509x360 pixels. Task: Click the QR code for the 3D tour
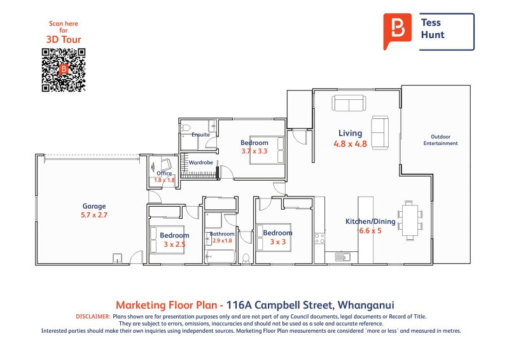[64, 70]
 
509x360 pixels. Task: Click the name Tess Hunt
[433, 29]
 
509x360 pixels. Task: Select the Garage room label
[94, 206]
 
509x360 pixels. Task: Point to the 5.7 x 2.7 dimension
[94, 215]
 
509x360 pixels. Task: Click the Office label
[164, 174]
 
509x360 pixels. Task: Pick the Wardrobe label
[201, 162]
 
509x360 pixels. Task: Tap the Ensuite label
[200, 134]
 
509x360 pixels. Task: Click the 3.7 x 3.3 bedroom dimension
[254, 151]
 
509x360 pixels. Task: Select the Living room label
[351, 133]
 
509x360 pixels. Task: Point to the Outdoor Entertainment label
[440, 140]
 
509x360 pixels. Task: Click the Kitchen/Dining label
[370, 221]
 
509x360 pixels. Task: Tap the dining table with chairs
[410, 221]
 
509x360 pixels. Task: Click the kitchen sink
[342, 257]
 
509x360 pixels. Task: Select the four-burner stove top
[319, 239]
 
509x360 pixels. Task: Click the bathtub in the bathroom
[220, 257]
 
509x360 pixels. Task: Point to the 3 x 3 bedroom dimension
[278, 242]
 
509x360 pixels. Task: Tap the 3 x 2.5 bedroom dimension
[174, 244]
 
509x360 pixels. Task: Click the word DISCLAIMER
[93, 317]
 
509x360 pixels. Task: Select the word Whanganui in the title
[366, 305]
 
